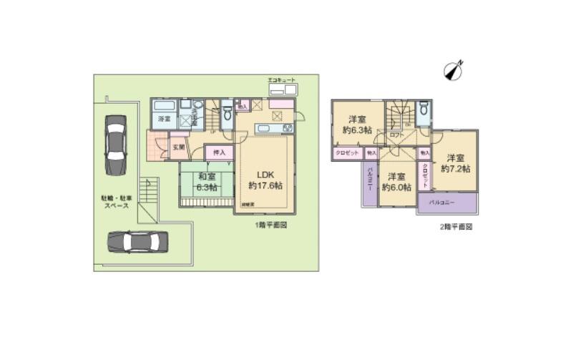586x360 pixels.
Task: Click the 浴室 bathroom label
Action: click(x=164, y=119)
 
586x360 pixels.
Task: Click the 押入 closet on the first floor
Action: click(x=219, y=152)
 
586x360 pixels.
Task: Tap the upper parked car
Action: click(x=115, y=145)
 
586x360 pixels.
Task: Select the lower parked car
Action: click(x=137, y=241)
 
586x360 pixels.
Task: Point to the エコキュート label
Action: click(x=281, y=79)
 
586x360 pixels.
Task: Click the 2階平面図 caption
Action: click(x=455, y=225)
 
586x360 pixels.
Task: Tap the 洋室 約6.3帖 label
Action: click(x=357, y=124)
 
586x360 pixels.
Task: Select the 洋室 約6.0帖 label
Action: click(x=397, y=182)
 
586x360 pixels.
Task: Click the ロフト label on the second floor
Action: click(x=396, y=135)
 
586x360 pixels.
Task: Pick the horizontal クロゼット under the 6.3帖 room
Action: click(x=346, y=152)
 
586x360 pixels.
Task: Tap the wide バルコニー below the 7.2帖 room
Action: click(x=446, y=203)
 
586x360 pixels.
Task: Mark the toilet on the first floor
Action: click(x=227, y=113)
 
